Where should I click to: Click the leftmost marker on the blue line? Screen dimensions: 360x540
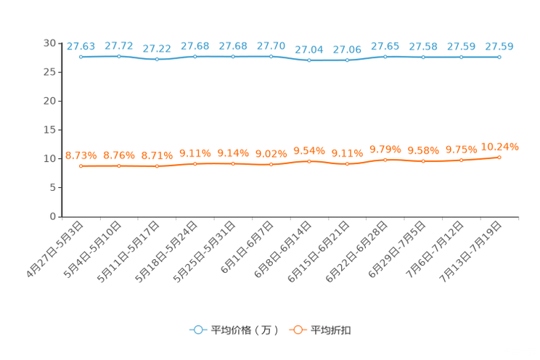tap(81, 57)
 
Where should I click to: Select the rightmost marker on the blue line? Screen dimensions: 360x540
tap(499, 57)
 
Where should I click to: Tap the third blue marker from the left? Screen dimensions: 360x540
tap(157, 59)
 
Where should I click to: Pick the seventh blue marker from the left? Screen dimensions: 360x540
tap(309, 60)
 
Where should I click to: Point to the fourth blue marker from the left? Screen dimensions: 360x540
tap(195, 56)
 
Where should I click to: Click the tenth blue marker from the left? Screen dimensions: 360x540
tap(423, 57)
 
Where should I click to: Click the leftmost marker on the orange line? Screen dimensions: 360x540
tap(81, 165)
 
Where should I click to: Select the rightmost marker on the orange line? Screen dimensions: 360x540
tap(499, 157)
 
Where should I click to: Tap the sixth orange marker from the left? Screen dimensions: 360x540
tap(271, 164)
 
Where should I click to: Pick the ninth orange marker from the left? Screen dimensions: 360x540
tap(385, 160)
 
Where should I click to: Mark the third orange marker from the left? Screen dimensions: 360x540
tap(157, 165)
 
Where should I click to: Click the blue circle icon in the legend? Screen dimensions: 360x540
tap(197, 330)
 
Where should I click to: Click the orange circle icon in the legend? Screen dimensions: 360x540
tap(297, 330)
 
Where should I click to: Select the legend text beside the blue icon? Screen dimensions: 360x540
tap(245, 330)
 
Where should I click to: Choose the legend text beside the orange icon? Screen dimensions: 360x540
tap(331, 330)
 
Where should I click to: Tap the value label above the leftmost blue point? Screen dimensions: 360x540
tap(81, 46)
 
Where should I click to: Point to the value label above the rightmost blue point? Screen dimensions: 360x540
tap(499, 46)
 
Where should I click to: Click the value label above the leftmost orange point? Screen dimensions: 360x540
tap(81, 155)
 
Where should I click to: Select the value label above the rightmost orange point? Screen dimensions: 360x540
tap(501, 147)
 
